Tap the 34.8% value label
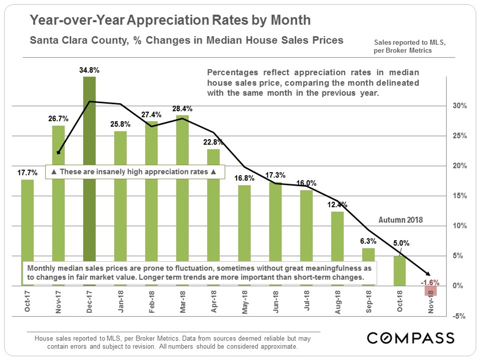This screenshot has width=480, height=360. pyautogui.click(x=90, y=70)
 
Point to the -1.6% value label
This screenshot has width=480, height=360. pyautogui.click(x=430, y=282)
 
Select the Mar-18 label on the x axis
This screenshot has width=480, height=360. pyautogui.click(x=183, y=302)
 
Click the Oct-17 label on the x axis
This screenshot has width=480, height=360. pyautogui.click(x=28, y=302)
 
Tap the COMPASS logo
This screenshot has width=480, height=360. pyautogui.click(x=410, y=338)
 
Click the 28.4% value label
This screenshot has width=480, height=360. pyautogui.click(x=182, y=109)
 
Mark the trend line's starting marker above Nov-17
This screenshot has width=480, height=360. pyautogui.click(x=59, y=152)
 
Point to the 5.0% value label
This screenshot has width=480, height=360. pyautogui.click(x=399, y=243)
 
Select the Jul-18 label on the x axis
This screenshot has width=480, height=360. pyautogui.click(x=306, y=302)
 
